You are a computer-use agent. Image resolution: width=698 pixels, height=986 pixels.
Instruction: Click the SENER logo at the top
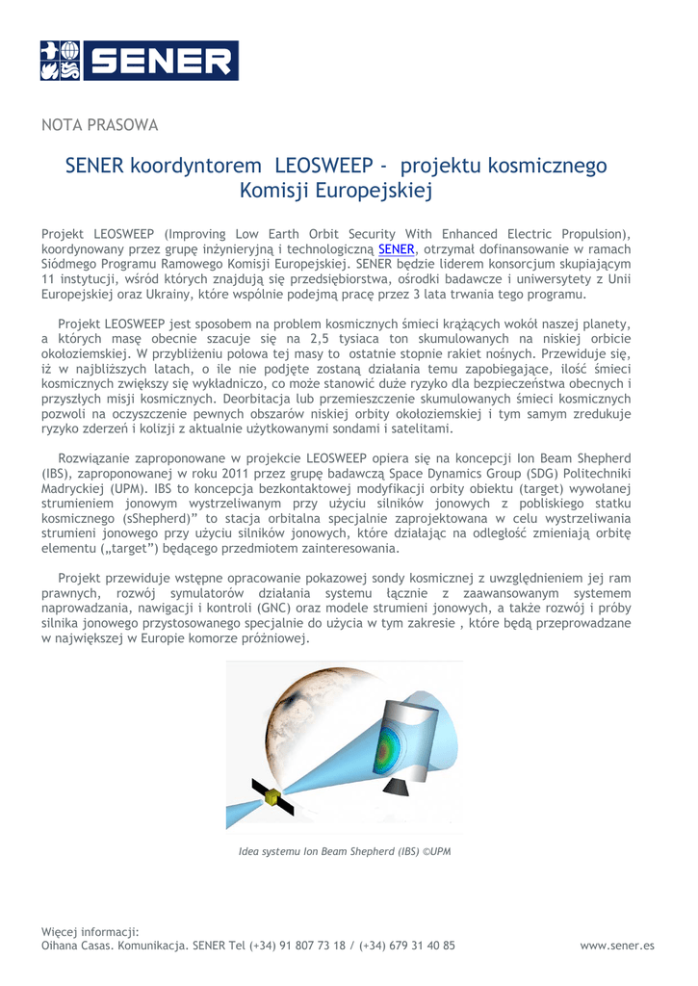click(140, 61)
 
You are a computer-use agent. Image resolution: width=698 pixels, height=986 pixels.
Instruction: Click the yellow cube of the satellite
click(275, 798)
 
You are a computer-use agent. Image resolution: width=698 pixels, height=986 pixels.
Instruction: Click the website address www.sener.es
click(617, 946)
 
